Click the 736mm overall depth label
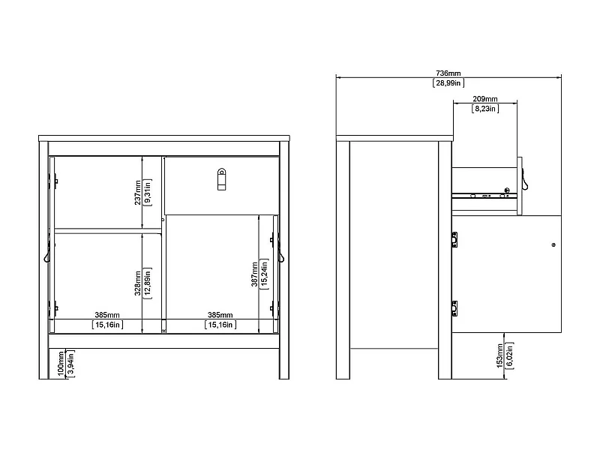[448, 73]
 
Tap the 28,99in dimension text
[448, 82]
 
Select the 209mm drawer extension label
[485, 99]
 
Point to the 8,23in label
[485, 109]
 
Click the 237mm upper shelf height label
[138, 192]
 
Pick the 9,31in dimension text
[148, 192]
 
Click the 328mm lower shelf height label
[138, 282]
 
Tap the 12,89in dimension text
[148, 282]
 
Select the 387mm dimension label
[255, 274]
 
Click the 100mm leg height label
[61, 362]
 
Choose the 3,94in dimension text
[71, 362]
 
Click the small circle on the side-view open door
[553, 245]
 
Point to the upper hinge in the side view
[454, 241]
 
